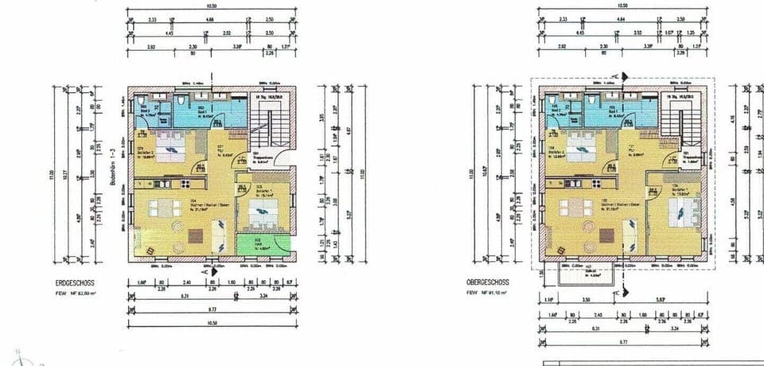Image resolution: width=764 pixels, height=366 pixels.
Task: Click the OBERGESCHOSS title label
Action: click(x=487, y=282)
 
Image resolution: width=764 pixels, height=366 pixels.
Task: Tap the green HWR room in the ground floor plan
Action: click(x=258, y=246)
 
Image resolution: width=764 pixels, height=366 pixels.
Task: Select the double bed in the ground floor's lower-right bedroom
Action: click(x=261, y=213)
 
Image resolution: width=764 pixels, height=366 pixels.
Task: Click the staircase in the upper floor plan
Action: click(x=681, y=123)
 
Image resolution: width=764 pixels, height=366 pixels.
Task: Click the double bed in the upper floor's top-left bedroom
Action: click(x=579, y=146)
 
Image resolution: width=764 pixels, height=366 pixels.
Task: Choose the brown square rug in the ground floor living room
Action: click(x=197, y=236)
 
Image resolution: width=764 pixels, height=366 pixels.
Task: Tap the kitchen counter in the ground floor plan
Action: click(x=158, y=184)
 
